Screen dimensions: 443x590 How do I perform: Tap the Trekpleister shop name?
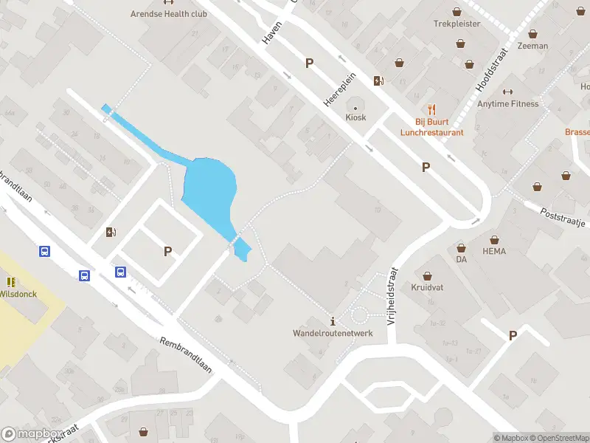pyautogui.click(x=457, y=24)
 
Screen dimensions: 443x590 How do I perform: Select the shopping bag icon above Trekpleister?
pyautogui.click(x=457, y=11)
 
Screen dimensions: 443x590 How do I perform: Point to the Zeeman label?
pyautogui.click(x=532, y=46)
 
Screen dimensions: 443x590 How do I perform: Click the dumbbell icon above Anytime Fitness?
pyautogui.click(x=507, y=92)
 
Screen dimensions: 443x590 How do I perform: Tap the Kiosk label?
pyautogui.click(x=356, y=117)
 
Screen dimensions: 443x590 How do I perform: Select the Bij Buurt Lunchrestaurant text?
pyautogui.click(x=431, y=127)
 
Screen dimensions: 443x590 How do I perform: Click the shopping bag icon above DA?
pyautogui.click(x=461, y=248)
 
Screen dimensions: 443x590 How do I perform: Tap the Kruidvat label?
pyautogui.click(x=426, y=286)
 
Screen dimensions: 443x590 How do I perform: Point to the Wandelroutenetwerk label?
pyautogui.click(x=333, y=333)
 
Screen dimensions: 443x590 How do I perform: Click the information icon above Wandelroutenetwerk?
pyautogui.click(x=333, y=320)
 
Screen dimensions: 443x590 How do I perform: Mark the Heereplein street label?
pyautogui.click(x=340, y=93)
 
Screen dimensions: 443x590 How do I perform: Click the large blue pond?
pyautogui.click(x=209, y=189)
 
